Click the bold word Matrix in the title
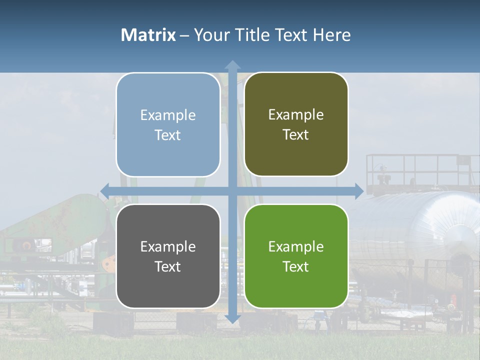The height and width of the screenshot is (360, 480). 148,35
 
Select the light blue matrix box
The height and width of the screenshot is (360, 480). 168,124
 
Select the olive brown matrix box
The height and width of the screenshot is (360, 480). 296,124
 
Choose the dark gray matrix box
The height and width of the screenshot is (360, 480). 168,256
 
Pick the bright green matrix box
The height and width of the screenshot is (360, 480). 296,256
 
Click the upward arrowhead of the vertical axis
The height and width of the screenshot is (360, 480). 232,65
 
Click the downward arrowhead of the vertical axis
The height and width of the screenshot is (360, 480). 232,318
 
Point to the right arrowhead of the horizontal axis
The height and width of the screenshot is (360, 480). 359,190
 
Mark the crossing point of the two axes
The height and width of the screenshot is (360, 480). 232,190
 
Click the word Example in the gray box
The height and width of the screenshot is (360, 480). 168,246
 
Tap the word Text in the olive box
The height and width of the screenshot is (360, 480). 296,135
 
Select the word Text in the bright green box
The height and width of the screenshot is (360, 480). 296,266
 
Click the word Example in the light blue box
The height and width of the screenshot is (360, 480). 168,115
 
